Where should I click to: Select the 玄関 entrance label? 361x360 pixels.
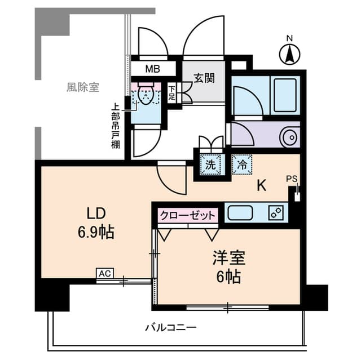point(204,78)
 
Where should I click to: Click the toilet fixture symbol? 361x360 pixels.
point(146,96)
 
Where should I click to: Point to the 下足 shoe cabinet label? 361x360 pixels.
point(171,94)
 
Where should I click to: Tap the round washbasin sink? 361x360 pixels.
point(289,137)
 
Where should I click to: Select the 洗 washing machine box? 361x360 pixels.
point(210,166)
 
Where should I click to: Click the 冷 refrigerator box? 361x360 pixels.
point(241,166)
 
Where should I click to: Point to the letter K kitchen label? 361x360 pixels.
point(262,185)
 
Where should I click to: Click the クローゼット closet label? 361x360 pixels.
point(188,216)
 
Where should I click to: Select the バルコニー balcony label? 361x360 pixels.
point(170,327)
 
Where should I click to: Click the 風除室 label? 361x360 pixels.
point(82,87)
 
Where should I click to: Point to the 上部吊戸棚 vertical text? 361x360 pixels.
point(115,125)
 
